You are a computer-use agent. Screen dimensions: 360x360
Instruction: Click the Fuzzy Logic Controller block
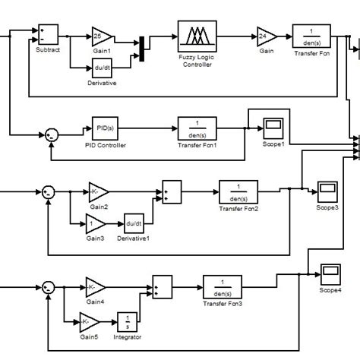click(197, 36)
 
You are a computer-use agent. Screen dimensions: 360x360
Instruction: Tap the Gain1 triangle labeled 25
click(101, 36)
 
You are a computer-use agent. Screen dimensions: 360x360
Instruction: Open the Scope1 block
click(273, 125)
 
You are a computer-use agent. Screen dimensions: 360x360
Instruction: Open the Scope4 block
click(330, 273)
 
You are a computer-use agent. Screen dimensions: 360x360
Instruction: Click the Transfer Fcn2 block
click(238, 190)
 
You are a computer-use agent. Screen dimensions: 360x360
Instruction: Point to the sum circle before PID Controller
click(51, 134)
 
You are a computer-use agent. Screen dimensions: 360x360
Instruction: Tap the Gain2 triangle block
click(96, 190)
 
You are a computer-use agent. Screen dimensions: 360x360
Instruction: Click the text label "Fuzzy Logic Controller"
click(197, 63)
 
